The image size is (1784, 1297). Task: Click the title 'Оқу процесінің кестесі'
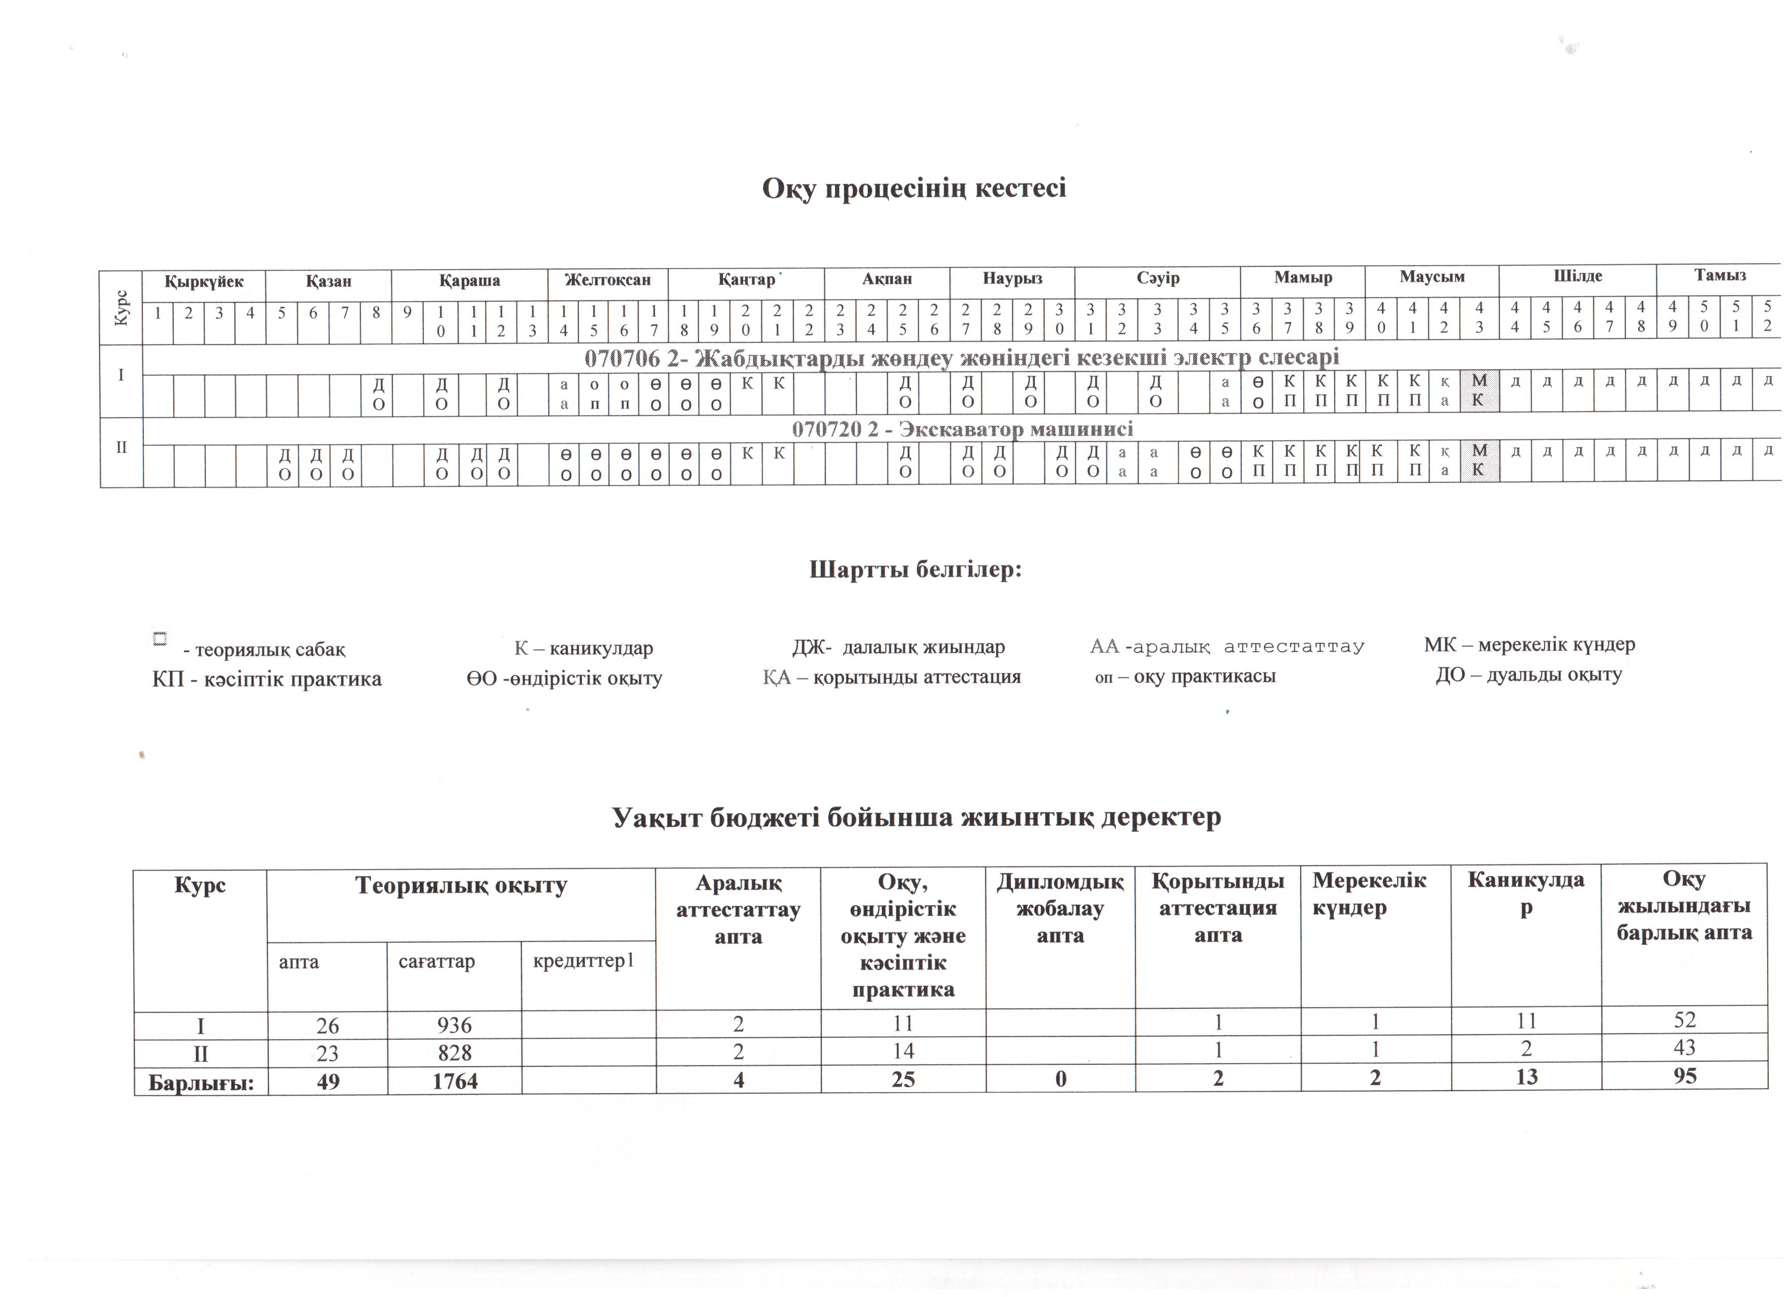913,189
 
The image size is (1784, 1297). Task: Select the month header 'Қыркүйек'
204,282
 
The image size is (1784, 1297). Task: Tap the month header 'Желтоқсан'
607,280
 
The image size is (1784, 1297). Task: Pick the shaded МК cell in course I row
1479,391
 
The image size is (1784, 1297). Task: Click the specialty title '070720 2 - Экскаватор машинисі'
962,429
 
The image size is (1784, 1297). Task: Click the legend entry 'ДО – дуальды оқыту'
1528,675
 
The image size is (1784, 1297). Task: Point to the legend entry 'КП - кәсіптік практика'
267,679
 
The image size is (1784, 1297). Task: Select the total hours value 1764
455,1080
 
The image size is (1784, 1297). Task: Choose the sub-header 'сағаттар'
437,961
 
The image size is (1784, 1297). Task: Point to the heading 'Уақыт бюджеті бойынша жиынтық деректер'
916,817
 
